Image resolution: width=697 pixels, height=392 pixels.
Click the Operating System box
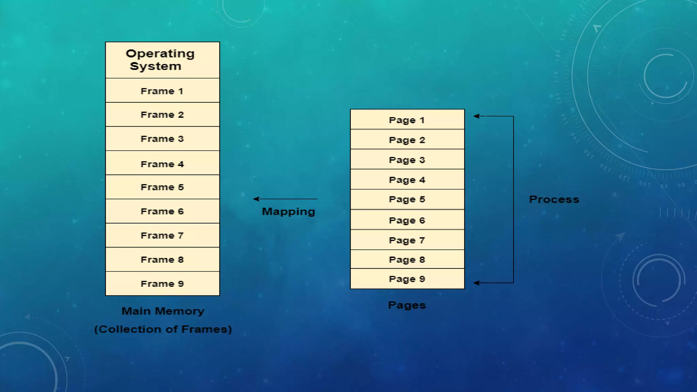[x=162, y=60]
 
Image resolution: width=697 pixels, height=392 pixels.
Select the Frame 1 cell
[x=162, y=91]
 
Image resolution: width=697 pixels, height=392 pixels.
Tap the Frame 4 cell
[x=162, y=164]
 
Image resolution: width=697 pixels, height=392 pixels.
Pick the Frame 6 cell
[x=162, y=211]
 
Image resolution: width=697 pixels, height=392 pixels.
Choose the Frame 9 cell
[x=162, y=284]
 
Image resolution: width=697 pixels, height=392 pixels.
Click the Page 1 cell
[x=407, y=120]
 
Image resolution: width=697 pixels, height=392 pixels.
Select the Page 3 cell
[x=407, y=160]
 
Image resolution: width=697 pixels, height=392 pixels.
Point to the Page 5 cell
[x=407, y=199]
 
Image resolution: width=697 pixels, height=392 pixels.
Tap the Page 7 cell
[x=407, y=240]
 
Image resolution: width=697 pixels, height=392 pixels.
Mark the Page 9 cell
[x=407, y=279]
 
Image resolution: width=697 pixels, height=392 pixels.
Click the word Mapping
[x=288, y=212]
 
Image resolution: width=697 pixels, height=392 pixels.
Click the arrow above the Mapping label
[x=285, y=199]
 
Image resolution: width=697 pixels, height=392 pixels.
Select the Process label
[x=554, y=199]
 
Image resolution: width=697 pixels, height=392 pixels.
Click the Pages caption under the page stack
[x=407, y=305]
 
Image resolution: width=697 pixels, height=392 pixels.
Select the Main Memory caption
[x=163, y=311]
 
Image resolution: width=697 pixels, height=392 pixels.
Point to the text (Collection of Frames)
[x=163, y=329]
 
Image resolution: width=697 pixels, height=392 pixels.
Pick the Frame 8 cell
[x=162, y=260]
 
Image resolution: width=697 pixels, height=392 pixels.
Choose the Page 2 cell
[x=407, y=140]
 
